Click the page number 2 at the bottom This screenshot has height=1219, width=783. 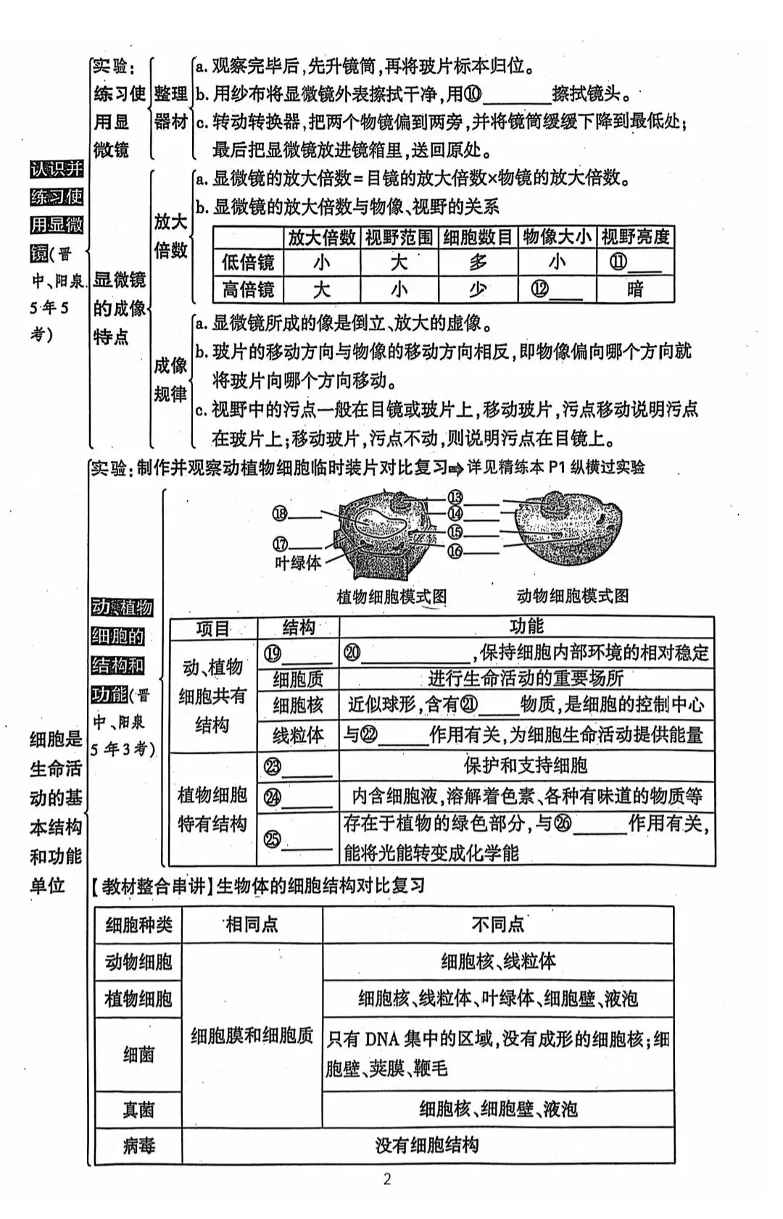387,1179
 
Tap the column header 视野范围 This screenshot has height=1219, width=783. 399,237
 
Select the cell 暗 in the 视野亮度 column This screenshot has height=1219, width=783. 634,290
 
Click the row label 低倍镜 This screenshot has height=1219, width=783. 248,262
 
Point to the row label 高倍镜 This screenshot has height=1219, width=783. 248,290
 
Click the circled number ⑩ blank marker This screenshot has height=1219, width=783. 473,94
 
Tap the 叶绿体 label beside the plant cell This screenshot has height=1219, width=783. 298,562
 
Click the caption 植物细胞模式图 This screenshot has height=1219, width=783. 391,597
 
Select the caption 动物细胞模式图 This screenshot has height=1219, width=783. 573,596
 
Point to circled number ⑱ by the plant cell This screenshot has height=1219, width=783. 281,514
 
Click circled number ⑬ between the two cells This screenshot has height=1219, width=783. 455,497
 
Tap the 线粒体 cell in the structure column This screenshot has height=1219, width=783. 298,735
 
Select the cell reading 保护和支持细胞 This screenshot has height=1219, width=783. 526,765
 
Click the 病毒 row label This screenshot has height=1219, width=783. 138,1146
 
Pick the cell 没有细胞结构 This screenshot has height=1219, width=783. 427,1146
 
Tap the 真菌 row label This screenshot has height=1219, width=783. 138,1110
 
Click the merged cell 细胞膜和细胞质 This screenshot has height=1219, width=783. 252,1036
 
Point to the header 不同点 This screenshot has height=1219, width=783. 497,924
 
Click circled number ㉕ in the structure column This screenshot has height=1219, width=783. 273,839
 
